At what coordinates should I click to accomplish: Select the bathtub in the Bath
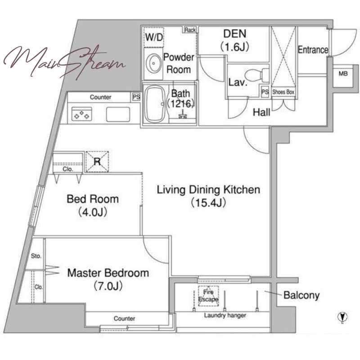coord(156,104)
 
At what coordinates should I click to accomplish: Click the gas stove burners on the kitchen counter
coord(81,114)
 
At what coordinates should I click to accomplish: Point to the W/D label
coord(153,37)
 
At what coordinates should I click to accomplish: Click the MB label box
coord(343,74)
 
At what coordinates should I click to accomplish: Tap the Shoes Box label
coord(283,92)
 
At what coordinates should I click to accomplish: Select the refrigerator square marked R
coord(97,162)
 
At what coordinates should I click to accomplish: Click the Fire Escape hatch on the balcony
coord(208,296)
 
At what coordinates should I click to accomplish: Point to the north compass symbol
coord(342,317)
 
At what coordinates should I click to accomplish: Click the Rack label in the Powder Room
coord(190,30)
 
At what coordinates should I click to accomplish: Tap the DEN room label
coord(234,34)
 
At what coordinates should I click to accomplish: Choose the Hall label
coord(261,112)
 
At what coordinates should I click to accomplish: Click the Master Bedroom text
coord(108,273)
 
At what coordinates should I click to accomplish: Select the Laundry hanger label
coord(225,316)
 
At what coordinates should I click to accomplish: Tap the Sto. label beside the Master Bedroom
coord(36,256)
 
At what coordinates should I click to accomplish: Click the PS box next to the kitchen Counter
coord(136,97)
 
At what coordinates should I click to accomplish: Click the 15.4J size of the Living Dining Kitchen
coord(208,203)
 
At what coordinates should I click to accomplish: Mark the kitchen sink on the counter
coord(118,114)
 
